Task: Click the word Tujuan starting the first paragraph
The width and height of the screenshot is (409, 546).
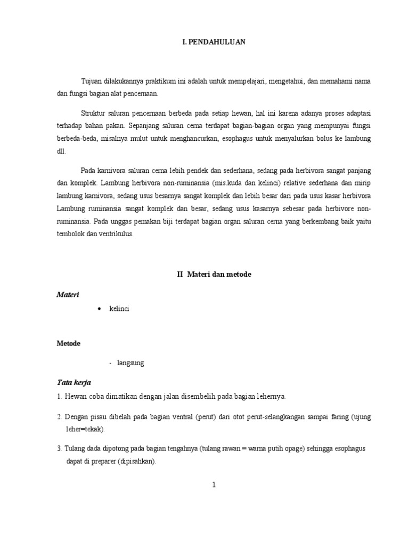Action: tap(92, 81)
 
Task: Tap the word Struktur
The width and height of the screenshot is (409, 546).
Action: tap(93, 114)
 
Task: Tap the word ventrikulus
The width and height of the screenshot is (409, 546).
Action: tap(116, 233)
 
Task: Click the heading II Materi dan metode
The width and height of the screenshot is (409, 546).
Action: tap(214, 274)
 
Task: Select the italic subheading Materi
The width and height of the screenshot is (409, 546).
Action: tap(68, 294)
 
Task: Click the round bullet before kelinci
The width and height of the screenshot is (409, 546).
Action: tap(100, 309)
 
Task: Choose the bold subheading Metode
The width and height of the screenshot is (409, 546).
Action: tap(69, 343)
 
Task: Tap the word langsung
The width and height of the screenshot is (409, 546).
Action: tap(130, 363)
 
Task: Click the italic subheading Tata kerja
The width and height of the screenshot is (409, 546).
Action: tap(74, 382)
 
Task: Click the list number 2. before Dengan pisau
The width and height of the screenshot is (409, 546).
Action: tap(60, 416)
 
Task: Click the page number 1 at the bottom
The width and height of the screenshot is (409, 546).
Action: tap(213, 485)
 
